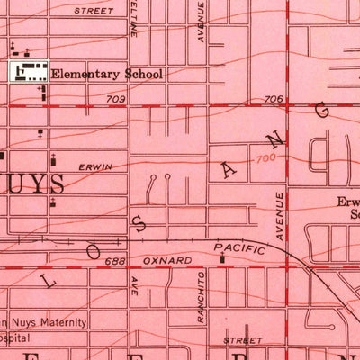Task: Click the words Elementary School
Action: (x=106, y=76)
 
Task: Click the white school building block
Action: (x=30, y=72)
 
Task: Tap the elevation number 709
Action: (x=114, y=100)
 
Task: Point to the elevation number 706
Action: (x=274, y=100)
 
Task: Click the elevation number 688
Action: (x=112, y=260)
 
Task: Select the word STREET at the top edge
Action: (x=94, y=12)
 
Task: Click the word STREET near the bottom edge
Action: (x=243, y=341)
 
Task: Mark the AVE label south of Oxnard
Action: (x=133, y=287)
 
